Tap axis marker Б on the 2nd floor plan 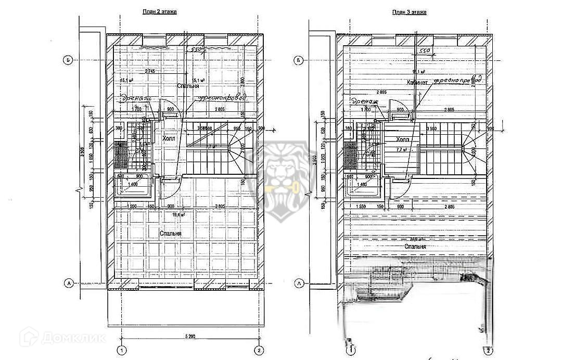(x=68, y=60)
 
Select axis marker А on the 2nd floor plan (x=68, y=283)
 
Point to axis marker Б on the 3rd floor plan (x=298, y=60)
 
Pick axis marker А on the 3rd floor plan (x=298, y=283)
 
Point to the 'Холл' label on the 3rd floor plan (x=402, y=140)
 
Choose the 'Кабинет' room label (x=418, y=83)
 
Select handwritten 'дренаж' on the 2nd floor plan (x=136, y=98)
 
